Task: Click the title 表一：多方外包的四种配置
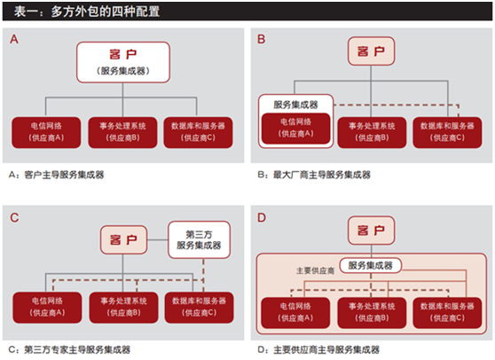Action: tap(87, 12)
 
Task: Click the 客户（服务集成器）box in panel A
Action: tap(123, 62)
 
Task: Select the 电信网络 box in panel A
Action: tap(46, 132)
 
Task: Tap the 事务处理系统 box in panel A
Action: tap(122, 132)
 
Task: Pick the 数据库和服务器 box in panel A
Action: tap(198, 132)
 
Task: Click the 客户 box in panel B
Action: tap(371, 51)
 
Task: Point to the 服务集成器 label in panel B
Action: tap(295, 105)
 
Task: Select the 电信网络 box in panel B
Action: tap(296, 129)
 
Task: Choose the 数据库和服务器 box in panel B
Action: tap(447, 132)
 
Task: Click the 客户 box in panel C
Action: tap(124, 239)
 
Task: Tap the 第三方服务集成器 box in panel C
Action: tap(200, 239)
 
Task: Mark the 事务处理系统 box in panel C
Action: tap(124, 308)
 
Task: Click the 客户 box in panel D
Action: tap(371, 231)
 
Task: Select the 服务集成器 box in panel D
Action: tap(371, 265)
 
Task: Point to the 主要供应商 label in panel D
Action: tap(316, 270)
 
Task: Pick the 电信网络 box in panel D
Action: tap(295, 312)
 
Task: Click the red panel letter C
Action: tap(14, 218)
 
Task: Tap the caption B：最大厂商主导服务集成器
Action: tap(314, 175)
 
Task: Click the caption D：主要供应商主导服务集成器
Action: tap(318, 349)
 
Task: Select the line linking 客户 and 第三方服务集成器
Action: tap(158, 239)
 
